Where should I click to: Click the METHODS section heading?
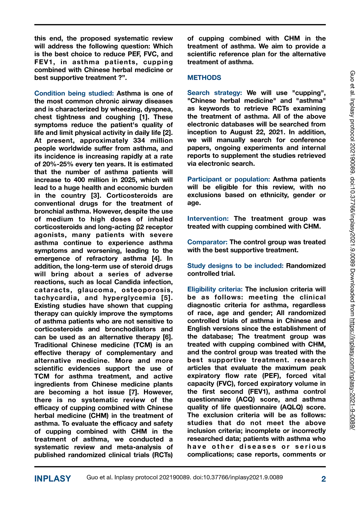pos(204,78)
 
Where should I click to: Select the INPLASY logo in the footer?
pos(53,479)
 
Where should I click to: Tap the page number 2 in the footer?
pos(324,479)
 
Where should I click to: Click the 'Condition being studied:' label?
pos(74,93)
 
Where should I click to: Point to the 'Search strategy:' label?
pos(215,93)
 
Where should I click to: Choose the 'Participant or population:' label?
pos(228,179)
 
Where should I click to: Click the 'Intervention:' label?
pos(208,219)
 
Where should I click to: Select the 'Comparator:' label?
pos(207,242)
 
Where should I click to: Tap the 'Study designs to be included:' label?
pos(235,266)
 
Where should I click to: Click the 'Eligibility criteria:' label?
pos(215,289)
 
